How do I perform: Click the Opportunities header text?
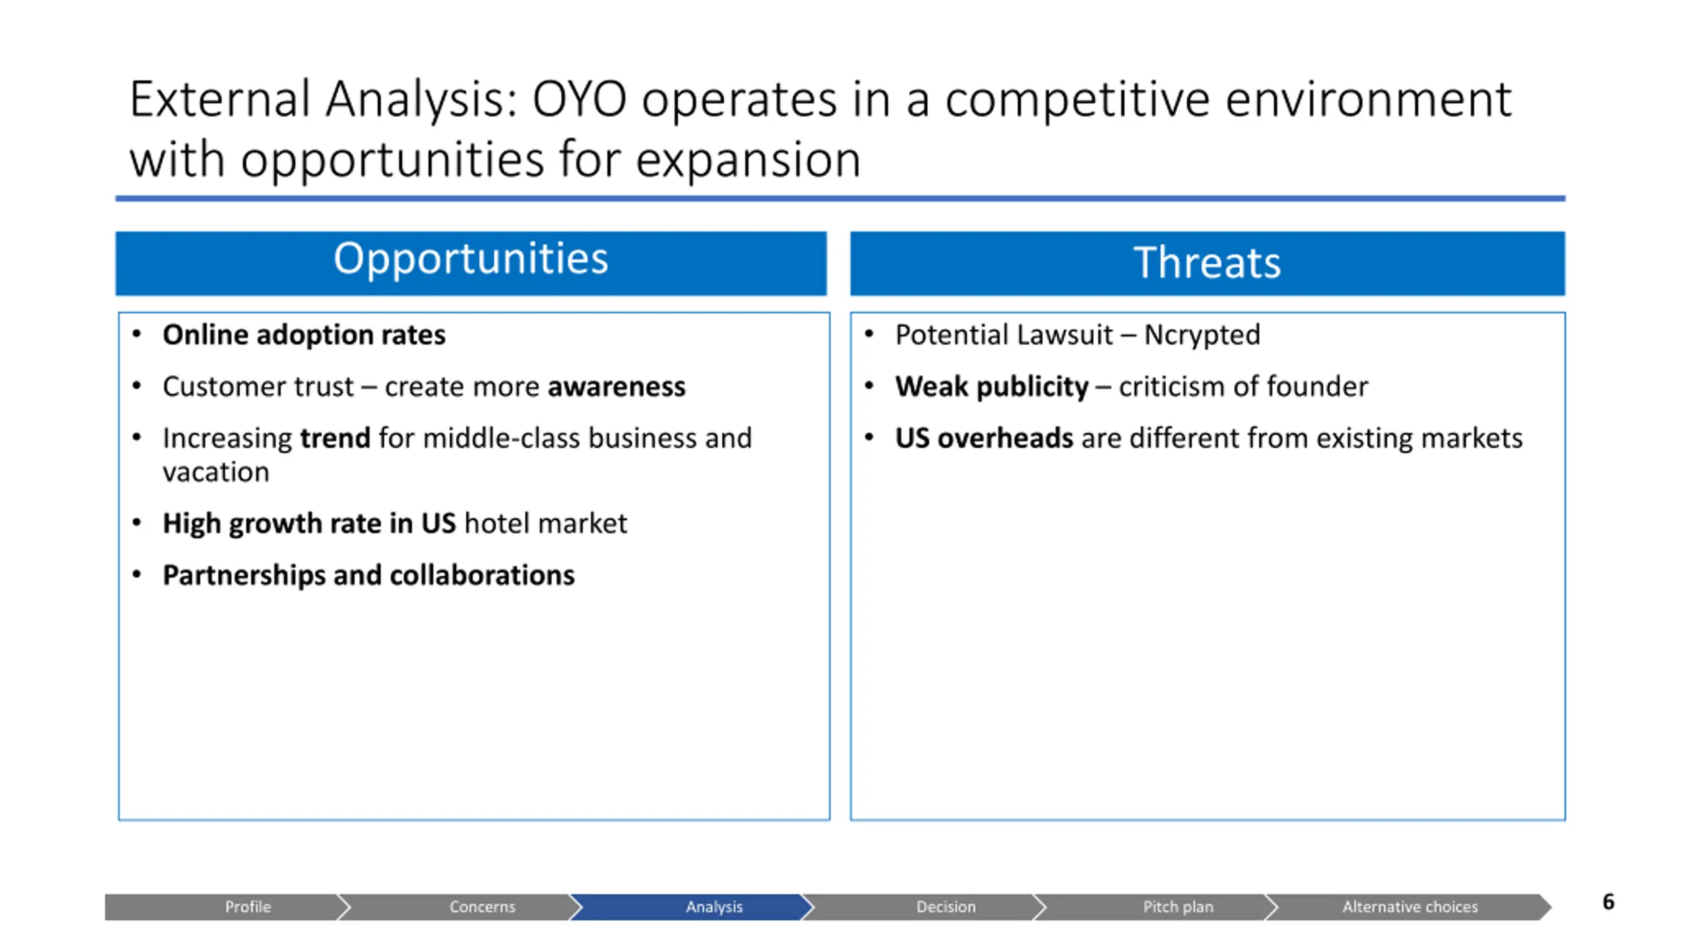(471, 259)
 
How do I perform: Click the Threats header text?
(1207, 262)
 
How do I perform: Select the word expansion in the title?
(748, 161)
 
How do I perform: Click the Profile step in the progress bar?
(248, 906)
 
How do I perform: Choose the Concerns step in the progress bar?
(482, 906)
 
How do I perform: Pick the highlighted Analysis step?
(714, 906)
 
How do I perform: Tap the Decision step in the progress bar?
(946, 906)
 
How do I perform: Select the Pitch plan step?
(1178, 906)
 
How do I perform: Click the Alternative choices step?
(1410, 906)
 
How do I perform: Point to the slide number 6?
(1608, 902)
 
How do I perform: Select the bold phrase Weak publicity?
(992, 387)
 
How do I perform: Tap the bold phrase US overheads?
(984, 438)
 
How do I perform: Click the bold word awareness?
(617, 387)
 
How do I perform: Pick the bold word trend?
(335, 438)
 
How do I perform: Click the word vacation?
(216, 472)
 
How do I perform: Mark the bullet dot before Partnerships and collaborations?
(137, 575)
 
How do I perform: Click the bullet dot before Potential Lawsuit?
(869, 335)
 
